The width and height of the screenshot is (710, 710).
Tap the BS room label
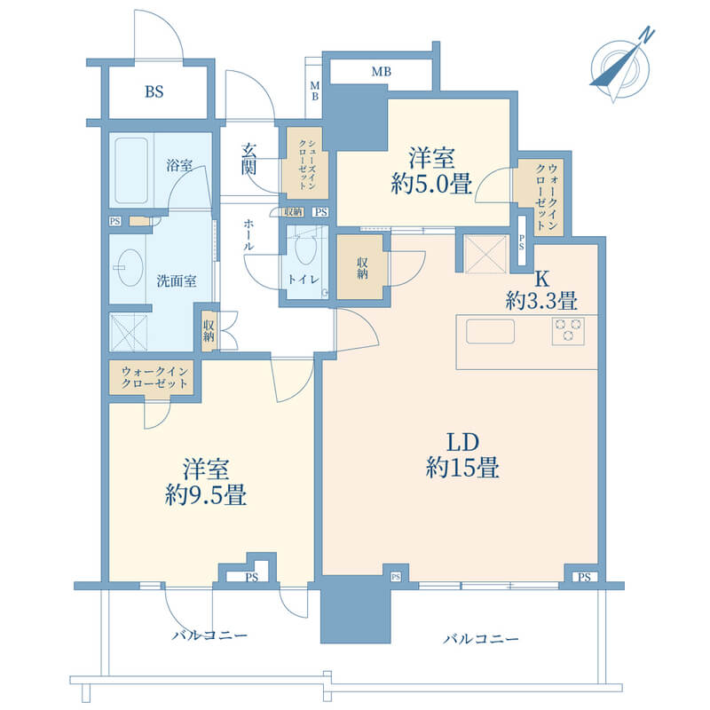154,92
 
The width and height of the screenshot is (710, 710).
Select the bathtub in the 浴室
131,170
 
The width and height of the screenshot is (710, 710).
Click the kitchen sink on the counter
491,331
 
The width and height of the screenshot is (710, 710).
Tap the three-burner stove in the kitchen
568,331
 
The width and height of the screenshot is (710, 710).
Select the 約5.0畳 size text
431,184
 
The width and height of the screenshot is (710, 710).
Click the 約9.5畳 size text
206,494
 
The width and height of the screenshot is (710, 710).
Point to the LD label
462,442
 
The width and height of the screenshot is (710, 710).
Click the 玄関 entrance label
248,159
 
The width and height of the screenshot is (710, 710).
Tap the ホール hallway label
248,234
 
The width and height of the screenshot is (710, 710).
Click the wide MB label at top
382,72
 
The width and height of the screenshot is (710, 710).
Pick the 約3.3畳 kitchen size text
541,301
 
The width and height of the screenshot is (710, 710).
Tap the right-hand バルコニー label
480,639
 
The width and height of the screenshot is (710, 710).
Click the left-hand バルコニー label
209,635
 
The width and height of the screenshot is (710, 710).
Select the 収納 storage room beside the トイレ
362,268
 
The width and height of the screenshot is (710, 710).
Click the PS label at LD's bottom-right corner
584,578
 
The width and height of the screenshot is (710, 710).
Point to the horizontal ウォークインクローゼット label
154,378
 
